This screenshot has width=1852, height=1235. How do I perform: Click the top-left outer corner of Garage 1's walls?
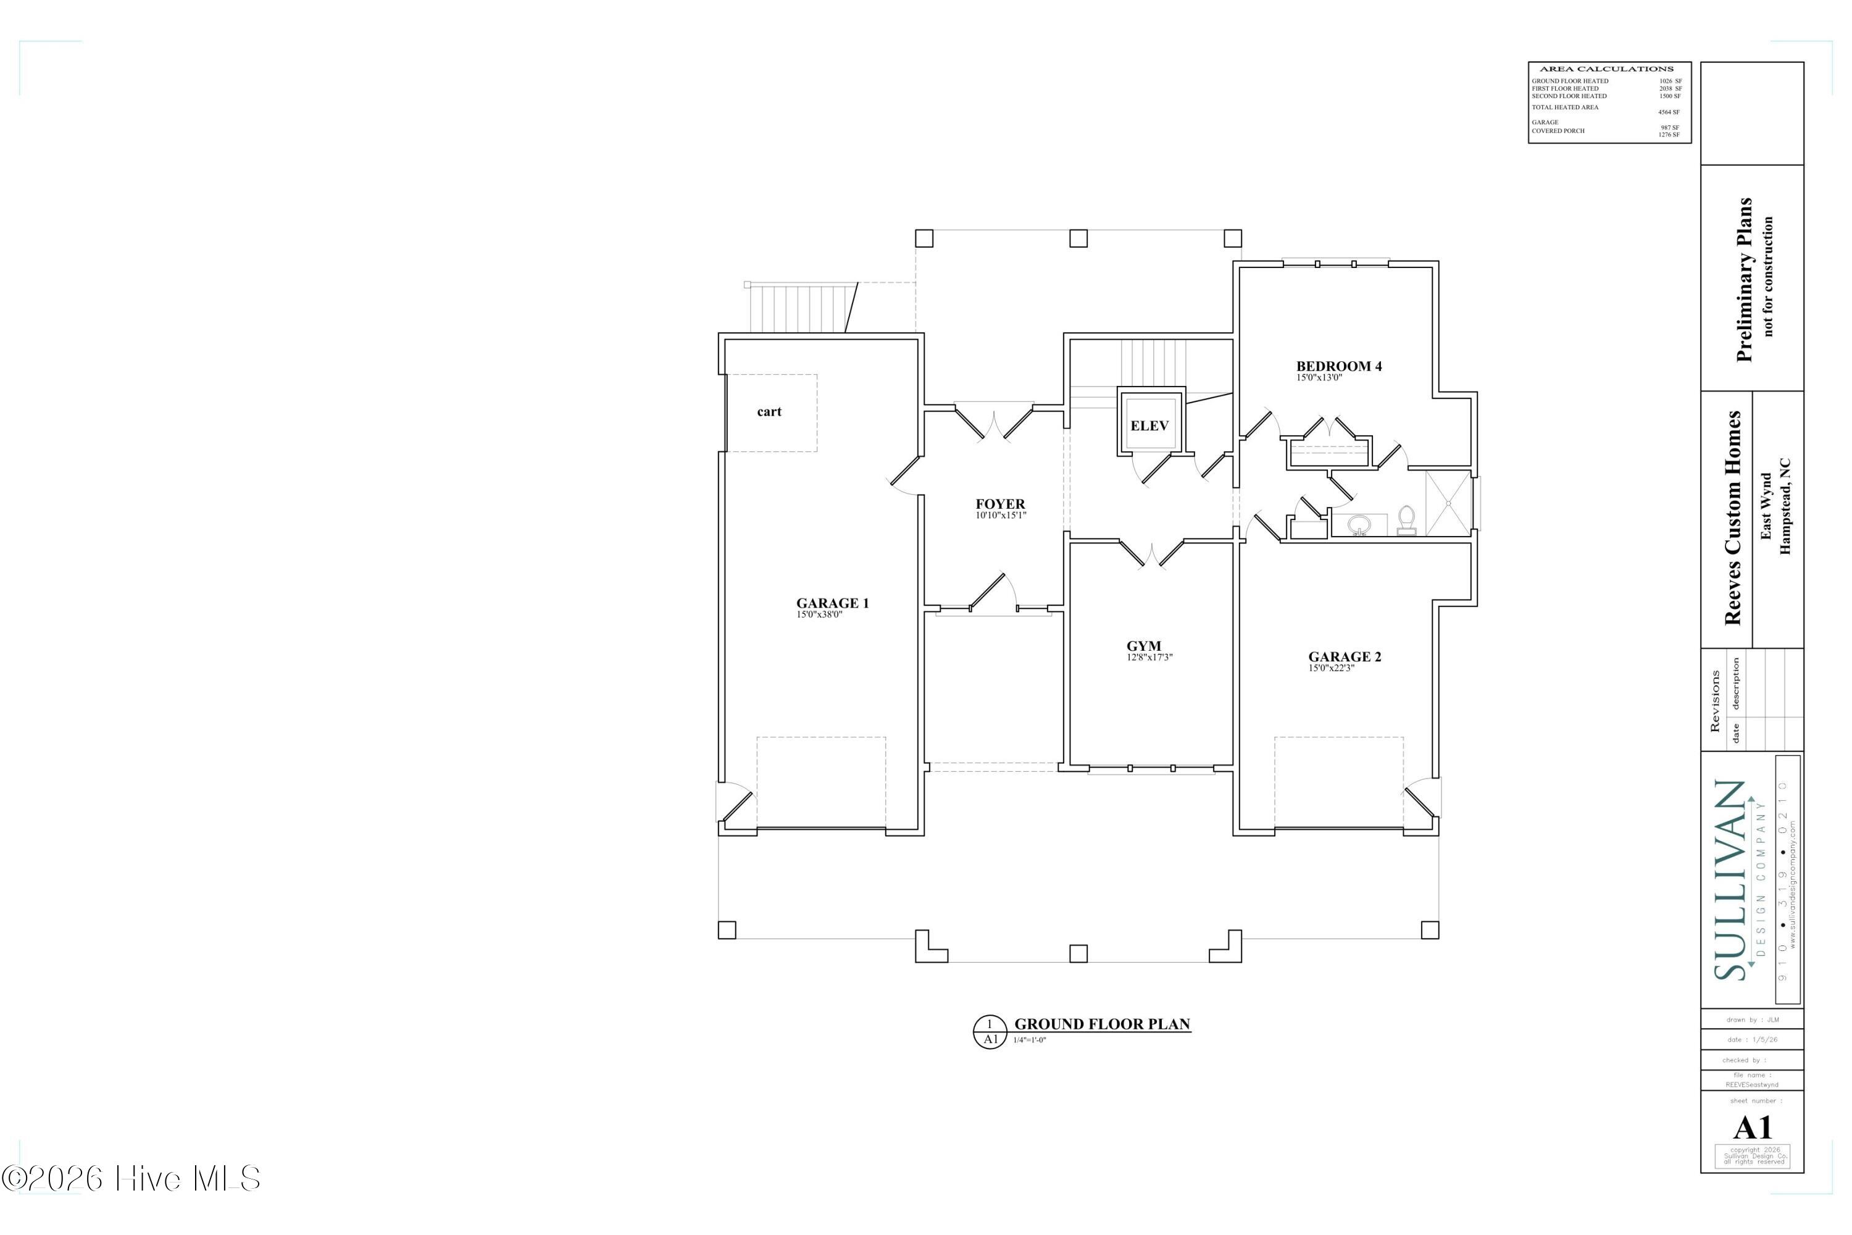click(x=719, y=333)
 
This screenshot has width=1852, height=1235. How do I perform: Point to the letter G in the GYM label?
click(x=1132, y=647)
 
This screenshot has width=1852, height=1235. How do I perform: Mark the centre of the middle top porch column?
click(x=1078, y=238)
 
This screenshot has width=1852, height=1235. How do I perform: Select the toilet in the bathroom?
click(x=1406, y=521)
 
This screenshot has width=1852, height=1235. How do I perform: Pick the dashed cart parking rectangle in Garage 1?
click(x=772, y=412)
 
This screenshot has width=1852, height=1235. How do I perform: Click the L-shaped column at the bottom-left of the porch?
click(x=932, y=946)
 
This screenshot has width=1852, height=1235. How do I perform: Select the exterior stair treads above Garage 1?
click(x=803, y=308)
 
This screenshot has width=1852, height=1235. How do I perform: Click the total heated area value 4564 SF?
click(x=1669, y=112)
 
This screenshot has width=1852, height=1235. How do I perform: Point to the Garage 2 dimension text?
click(x=1332, y=669)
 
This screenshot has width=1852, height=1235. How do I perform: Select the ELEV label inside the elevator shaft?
click(x=1149, y=426)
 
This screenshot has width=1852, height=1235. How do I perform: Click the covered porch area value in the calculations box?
click(x=1669, y=135)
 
